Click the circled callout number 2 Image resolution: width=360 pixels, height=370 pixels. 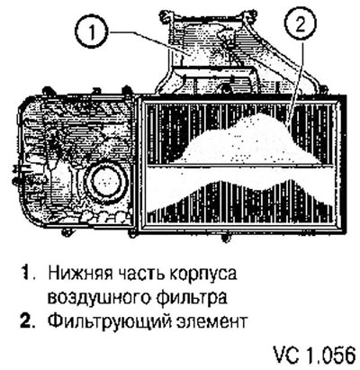coord(301,25)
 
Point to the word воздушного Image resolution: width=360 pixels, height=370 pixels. coord(100,298)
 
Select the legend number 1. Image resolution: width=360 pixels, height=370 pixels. coord(27,274)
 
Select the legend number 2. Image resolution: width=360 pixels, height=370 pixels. coord(29,321)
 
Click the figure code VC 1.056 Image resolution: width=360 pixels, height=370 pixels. coord(314,356)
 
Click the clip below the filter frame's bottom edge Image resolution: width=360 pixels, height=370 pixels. coord(224,237)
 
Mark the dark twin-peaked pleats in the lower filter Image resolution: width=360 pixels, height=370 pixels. coord(240,203)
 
